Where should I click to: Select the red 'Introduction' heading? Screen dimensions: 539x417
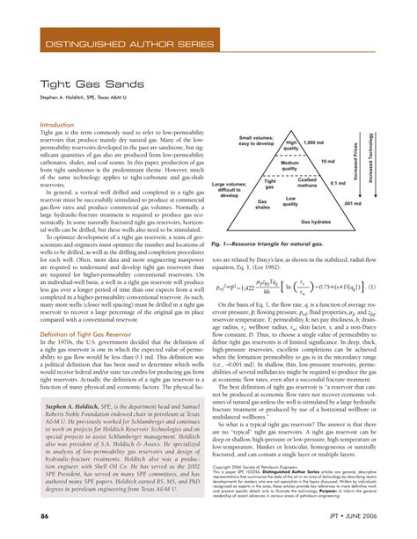point(60,125)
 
